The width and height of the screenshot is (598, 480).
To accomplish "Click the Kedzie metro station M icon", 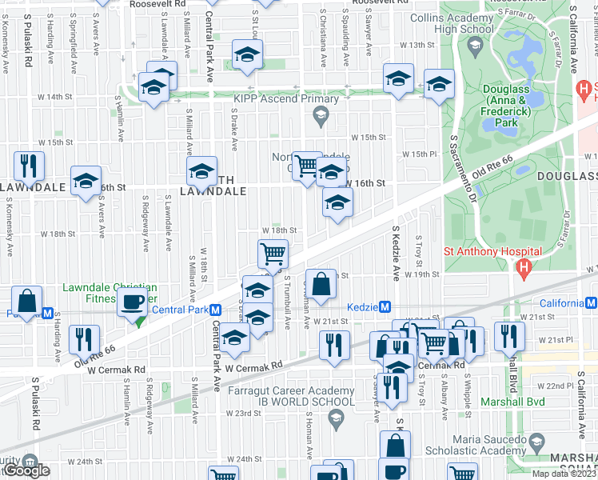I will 385,307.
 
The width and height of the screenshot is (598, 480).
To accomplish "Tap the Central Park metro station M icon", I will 214,310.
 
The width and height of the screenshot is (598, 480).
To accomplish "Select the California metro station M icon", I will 592,303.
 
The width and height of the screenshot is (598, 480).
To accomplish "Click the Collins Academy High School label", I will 452,23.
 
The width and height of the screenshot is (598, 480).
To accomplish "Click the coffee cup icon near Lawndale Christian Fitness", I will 132,303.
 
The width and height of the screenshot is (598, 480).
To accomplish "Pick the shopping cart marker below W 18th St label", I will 273,254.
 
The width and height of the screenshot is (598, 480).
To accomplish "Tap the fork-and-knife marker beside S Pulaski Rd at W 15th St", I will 29,166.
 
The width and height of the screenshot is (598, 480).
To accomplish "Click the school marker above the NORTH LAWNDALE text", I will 201,170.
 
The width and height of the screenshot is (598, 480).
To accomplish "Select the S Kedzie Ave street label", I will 395,253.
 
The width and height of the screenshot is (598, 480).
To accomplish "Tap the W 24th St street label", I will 245,459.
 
